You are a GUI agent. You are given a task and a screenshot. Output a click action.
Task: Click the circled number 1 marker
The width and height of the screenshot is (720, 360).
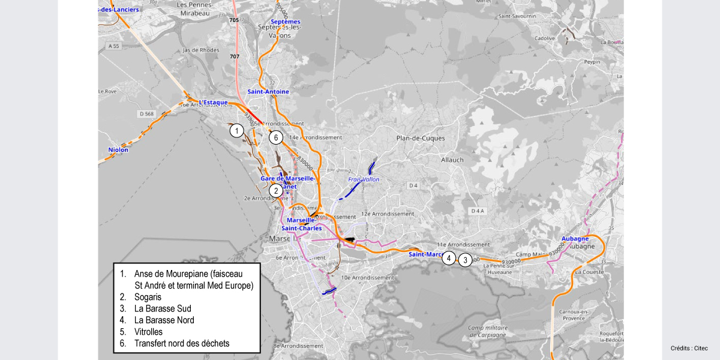click(x=237, y=130)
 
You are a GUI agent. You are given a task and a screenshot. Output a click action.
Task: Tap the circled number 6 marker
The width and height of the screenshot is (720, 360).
click(x=275, y=137)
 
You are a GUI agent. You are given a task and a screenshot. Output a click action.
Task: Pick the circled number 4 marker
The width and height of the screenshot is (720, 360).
click(x=449, y=259)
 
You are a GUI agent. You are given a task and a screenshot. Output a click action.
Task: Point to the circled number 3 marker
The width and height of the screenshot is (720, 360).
click(x=465, y=260)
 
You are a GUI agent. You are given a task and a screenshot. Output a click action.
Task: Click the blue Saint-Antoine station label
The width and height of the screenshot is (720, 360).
click(x=268, y=92)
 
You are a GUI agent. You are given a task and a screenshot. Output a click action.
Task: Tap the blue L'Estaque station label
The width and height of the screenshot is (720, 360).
click(x=214, y=103)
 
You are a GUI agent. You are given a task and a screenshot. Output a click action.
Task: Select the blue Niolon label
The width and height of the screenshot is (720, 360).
click(x=118, y=150)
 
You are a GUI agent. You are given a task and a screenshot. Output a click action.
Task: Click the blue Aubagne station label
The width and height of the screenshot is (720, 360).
click(x=575, y=239)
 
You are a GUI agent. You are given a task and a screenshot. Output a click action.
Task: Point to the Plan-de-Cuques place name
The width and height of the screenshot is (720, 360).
click(x=421, y=138)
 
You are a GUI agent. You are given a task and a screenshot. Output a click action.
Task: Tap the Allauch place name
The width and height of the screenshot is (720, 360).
click(x=452, y=160)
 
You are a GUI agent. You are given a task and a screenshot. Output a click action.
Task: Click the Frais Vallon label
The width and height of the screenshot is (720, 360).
click(x=364, y=179)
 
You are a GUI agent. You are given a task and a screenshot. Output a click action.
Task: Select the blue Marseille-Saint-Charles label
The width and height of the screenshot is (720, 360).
click(x=302, y=224)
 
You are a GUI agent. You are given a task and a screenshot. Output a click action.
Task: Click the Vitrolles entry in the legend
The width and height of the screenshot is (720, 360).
click(x=148, y=332)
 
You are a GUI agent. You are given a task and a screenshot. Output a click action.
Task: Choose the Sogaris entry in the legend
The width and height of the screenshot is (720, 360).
click(x=148, y=297)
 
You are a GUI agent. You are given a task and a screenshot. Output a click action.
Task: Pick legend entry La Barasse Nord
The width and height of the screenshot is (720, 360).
click(x=164, y=320)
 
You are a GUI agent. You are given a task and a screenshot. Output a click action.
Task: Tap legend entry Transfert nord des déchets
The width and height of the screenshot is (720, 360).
click(x=182, y=344)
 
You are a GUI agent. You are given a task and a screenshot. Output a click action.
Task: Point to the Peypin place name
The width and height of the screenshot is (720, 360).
click(x=592, y=62)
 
